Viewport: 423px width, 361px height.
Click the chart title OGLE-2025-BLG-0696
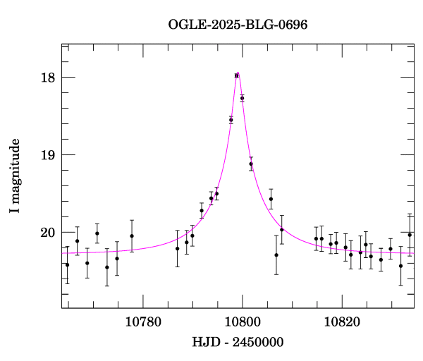point(238,25)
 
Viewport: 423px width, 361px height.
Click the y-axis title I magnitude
point(15,176)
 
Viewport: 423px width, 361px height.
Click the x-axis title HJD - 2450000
point(238,343)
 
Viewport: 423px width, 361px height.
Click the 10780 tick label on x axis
point(143,322)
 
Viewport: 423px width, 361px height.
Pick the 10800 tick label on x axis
point(243,322)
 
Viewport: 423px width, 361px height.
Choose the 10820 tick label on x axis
point(342,322)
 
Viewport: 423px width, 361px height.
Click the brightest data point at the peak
point(237,75)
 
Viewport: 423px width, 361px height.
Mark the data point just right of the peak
point(242,98)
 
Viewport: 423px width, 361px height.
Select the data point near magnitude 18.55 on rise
point(231,120)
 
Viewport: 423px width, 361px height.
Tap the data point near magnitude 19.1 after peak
point(251,164)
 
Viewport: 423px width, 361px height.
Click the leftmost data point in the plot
point(67,264)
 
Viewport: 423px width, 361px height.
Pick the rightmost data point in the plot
point(410,235)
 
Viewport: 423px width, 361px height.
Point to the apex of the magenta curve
point(238,72)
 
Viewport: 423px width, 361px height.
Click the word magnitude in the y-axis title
point(15,169)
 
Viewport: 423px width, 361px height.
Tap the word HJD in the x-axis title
point(203,343)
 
